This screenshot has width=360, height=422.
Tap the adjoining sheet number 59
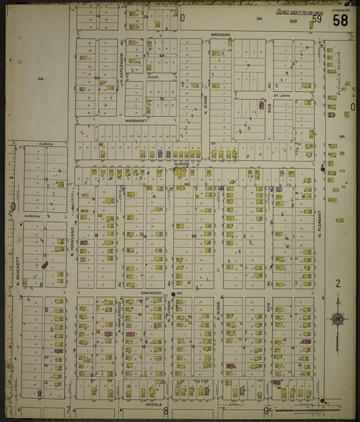click(x=317, y=19)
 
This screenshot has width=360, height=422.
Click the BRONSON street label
click(x=220, y=34)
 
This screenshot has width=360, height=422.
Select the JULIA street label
click(x=152, y=78)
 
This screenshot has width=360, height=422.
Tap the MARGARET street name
click(x=136, y=121)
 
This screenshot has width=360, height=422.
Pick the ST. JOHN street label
click(x=281, y=96)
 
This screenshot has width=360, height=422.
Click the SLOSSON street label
click(x=33, y=216)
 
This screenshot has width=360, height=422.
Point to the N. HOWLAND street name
click(x=72, y=243)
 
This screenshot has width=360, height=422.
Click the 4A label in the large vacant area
click(x=41, y=79)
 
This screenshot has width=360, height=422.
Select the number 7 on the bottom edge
click(x=68, y=410)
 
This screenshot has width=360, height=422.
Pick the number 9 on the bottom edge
click(x=266, y=410)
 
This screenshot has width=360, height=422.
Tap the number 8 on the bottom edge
click(x=165, y=410)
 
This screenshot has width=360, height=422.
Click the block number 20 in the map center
click(x=193, y=236)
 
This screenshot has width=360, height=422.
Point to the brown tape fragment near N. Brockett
click(x=45, y=265)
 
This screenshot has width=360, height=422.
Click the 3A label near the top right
click(x=259, y=20)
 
